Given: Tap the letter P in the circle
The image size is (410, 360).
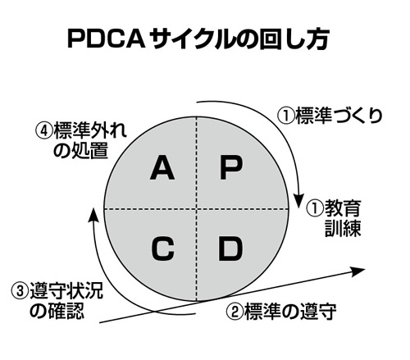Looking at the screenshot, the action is (x=231, y=168).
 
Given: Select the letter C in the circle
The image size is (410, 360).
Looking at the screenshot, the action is (x=163, y=248).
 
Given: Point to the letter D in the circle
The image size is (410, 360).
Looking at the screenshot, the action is (x=230, y=248).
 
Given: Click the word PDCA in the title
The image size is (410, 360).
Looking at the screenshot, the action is (x=107, y=39).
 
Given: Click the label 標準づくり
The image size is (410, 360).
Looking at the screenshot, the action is (x=339, y=116).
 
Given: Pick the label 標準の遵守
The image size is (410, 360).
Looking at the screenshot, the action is (x=290, y=312).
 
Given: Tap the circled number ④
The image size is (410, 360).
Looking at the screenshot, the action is (x=44, y=131).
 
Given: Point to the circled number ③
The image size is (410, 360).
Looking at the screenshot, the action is (x=20, y=291).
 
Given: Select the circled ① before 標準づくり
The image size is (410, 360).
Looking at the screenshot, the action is (x=286, y=116).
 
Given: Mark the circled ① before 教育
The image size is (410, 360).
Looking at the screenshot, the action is (x=315, y=209).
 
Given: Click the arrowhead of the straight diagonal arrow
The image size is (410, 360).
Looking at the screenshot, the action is (x=358, y=271).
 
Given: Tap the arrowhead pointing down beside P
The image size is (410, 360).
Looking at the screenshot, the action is (x=298, y=200).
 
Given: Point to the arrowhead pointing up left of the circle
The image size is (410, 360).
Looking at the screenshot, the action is (x=93, y=216).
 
